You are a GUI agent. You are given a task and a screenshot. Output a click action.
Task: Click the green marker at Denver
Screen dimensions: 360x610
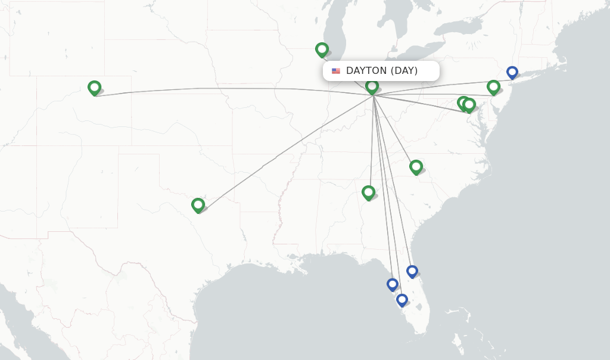pos(94,88)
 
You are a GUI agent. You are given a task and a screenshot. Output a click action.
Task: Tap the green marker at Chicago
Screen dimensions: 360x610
pos(322,49)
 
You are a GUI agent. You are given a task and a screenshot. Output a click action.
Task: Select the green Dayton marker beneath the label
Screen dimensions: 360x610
pos(372,87)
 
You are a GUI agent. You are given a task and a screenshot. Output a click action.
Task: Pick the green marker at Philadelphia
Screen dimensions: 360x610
pos(493,87)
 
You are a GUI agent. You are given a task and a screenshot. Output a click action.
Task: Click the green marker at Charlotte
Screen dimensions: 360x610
pos(416,166)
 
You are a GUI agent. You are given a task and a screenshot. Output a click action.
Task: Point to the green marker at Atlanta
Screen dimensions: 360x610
pos(368,192)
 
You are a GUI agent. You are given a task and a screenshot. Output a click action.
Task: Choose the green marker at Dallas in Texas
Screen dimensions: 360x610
pos(198,205)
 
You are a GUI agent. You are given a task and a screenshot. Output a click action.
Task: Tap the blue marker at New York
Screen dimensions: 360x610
pos(512,72)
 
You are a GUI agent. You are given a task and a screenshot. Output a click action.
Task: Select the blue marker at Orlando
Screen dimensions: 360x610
pos(412,271)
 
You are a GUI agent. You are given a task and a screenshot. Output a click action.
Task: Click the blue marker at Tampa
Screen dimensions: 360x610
pos(392,284)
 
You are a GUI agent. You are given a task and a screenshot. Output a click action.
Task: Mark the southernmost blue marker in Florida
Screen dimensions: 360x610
pos(402,300)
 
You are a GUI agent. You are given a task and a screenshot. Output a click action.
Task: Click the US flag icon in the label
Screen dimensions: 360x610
pos(336,71)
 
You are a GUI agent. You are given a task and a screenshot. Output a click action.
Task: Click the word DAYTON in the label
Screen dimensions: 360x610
pos(366,71)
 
